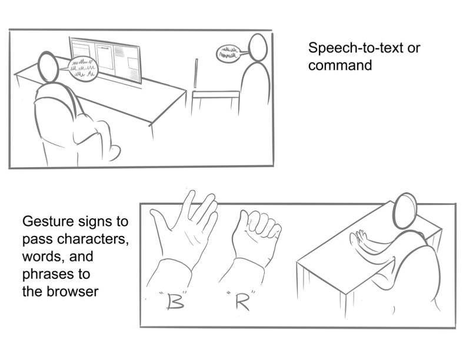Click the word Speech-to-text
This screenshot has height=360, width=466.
click(355, 48)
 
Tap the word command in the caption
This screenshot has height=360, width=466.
click(340, 65)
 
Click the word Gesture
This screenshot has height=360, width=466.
click(48, 222)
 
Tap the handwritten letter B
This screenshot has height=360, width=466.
click(175, 301)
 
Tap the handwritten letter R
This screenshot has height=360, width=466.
click(242, 302)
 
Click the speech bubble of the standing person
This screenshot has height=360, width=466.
click(228, 54)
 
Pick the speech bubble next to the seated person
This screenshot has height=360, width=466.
click(82, 69)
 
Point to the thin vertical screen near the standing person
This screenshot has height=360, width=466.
click(196, 73)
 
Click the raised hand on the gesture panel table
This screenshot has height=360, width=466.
click(359, 238)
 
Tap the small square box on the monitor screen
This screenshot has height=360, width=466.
click(133, 64)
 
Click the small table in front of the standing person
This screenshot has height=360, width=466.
click(215, 102)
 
